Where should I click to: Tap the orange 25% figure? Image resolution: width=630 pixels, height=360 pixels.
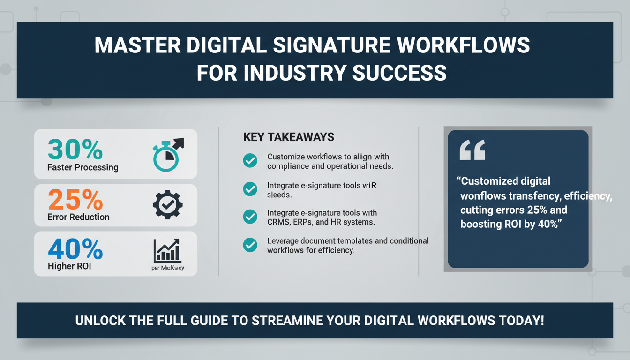point(75,200)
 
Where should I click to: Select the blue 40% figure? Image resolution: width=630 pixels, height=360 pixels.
point(75,249)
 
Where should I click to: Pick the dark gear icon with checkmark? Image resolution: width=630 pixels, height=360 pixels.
point(167,204)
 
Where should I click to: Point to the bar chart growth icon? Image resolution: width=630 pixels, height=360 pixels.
point(167,251)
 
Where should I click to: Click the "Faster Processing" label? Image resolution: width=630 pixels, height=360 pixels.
point(82,167)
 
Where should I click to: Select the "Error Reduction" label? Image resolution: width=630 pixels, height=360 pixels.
point(78,217)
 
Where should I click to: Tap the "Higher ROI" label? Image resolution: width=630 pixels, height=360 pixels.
point(69,266)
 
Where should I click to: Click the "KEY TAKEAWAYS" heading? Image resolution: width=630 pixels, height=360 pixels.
point(289,137)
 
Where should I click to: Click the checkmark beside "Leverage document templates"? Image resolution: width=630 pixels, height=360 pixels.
point(250,245)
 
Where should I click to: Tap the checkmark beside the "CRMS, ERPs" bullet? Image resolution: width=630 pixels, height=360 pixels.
point(250,217)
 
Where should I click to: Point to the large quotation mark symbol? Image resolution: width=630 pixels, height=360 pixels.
point(472,150)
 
